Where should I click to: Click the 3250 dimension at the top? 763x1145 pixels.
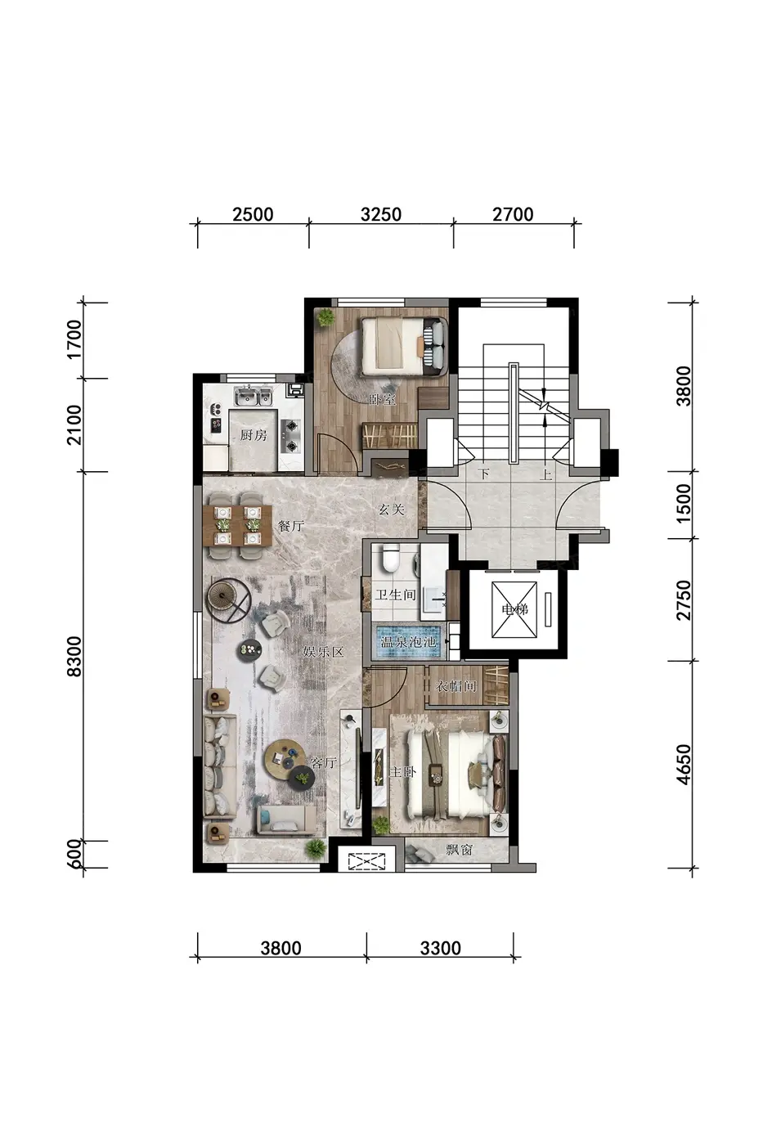point(381,214)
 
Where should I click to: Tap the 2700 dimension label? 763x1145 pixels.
point(513,214)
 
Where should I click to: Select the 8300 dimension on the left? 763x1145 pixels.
point(74,656)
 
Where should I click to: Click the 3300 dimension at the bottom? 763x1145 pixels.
point(441,948)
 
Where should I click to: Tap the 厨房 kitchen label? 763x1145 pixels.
point(254,435)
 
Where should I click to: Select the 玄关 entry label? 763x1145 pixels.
point(392,509)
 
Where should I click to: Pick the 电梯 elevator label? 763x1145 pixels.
point(514,608)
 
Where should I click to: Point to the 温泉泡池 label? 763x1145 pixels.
point(409,641)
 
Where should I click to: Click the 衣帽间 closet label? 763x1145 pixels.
point(456,685)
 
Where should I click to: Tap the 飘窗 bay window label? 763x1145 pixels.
point(459,849)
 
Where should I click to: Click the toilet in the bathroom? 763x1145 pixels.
point(392,558)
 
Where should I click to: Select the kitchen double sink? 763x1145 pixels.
point(253,396)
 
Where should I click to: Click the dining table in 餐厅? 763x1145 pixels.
point(237,525)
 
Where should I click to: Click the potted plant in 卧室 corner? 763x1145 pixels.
point(325,318)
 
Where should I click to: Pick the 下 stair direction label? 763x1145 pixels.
point(483,474)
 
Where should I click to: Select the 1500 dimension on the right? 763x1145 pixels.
point(684,504)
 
